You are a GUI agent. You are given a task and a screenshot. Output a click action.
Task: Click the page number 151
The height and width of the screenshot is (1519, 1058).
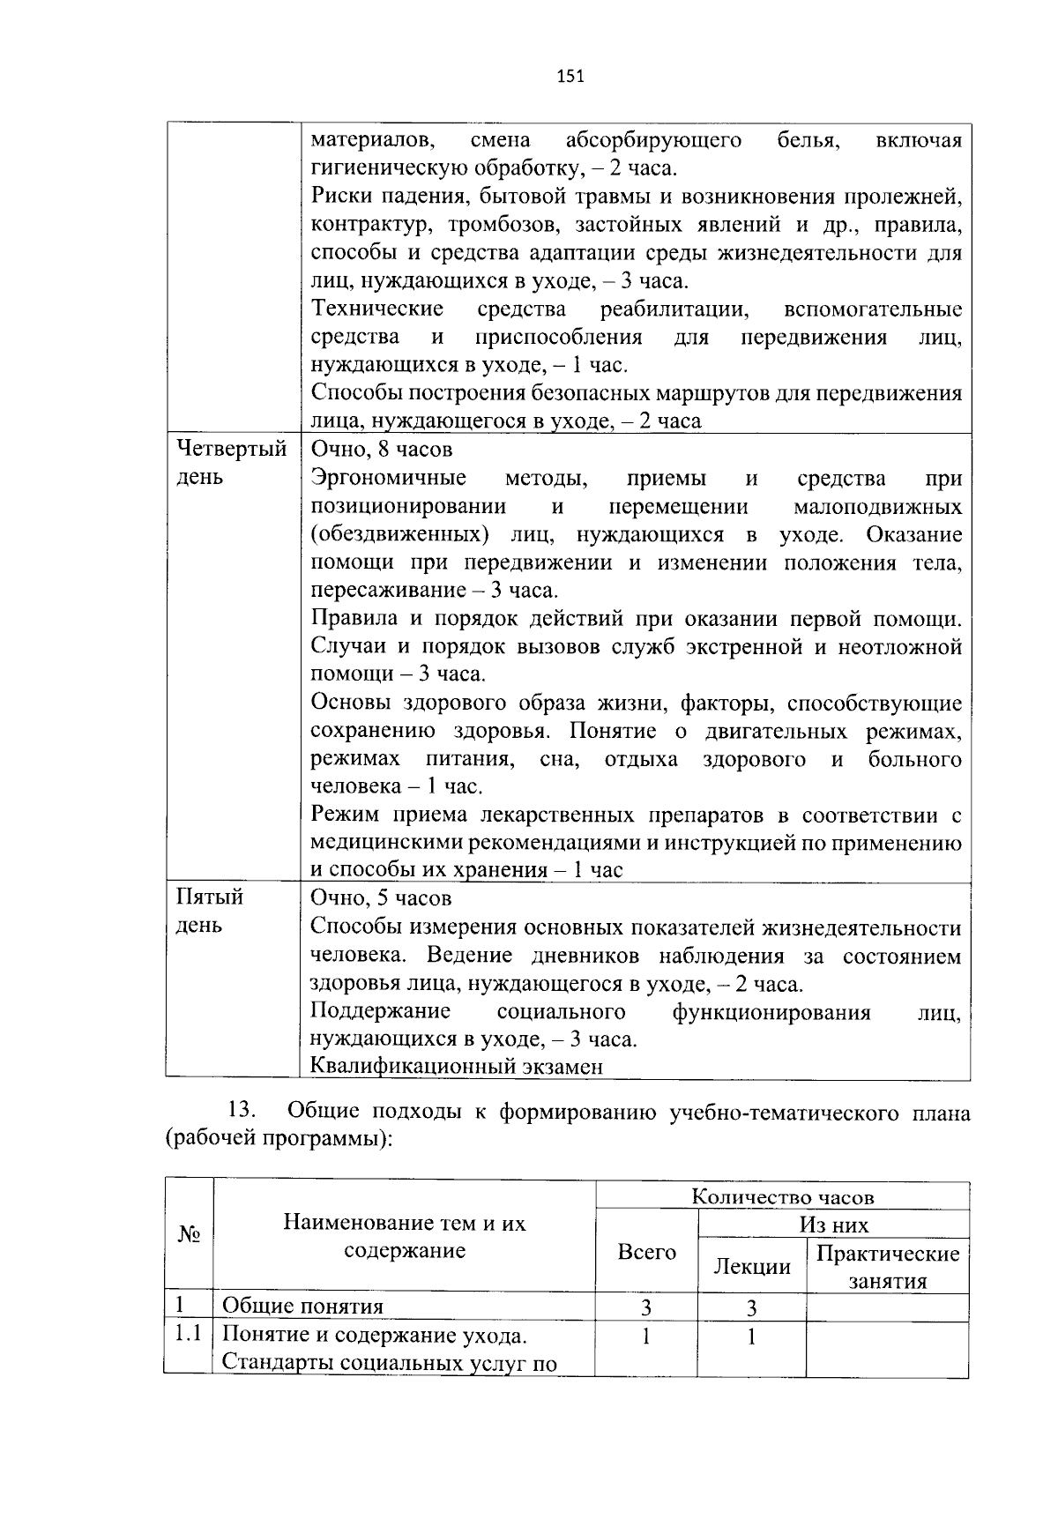571,76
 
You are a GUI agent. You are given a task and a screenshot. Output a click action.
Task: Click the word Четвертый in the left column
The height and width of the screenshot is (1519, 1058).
232,449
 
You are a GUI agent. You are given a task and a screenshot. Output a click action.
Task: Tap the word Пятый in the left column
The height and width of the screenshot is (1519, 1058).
210,897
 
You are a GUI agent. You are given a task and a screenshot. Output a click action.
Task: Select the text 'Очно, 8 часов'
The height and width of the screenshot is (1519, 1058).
382,449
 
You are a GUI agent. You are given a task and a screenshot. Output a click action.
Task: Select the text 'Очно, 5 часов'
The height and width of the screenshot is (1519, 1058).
382,897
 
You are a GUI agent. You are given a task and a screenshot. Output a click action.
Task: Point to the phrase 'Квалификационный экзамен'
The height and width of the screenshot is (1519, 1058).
457,1066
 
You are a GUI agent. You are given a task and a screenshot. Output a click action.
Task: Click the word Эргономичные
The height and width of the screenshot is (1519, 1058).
389,478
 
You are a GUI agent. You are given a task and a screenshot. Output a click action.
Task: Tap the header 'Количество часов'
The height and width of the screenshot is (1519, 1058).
782,1196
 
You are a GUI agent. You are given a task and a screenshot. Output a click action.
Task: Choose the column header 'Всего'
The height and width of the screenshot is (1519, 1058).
646,1252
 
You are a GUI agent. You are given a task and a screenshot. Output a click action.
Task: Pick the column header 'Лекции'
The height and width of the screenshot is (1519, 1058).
751,1267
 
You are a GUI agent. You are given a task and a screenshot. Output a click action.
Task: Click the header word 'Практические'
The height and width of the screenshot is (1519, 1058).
887,1253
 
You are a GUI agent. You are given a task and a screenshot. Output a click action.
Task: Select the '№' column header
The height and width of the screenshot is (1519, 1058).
189,1235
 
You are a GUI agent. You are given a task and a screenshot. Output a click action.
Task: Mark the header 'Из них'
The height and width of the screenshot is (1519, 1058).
833,1225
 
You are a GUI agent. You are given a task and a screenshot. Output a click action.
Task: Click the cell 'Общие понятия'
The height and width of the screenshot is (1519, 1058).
302,1307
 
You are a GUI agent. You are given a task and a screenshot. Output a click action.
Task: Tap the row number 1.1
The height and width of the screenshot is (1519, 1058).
188,1334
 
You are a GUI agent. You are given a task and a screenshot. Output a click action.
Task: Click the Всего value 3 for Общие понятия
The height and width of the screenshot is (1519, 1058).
646,1307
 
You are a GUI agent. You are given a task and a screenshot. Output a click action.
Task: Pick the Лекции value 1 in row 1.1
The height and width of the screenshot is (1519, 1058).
751,1337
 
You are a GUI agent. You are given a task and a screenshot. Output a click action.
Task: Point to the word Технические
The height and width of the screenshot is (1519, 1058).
377,309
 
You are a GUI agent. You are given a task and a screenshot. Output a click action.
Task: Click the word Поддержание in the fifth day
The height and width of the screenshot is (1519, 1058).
381,1010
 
